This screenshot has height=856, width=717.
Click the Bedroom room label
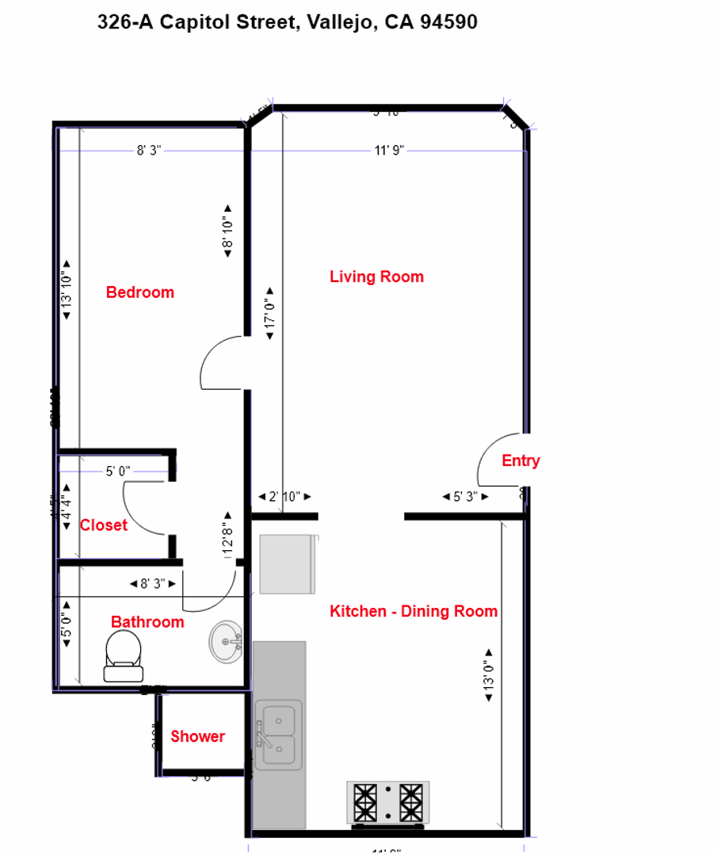tap(140, 292)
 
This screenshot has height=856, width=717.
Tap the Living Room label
tap(376, 277)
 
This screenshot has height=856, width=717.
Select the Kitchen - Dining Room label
tap(414, 611)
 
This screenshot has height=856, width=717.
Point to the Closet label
tap(104, 525)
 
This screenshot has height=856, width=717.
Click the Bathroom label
tap(147, 622)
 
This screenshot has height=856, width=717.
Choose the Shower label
tap(197, 736)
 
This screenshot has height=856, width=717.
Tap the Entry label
tap(521, 460)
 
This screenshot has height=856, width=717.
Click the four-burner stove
tap(388, 802)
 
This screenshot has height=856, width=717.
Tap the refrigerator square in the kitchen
tap(287, 564)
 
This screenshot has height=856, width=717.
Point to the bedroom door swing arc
tap(221, 363)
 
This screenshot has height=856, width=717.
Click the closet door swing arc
tap(146, 507)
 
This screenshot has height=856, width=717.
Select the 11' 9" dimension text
tap(389, 151)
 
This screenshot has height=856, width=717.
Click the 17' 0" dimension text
tap(270, 314)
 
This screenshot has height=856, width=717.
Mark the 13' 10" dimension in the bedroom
tap(67, 290)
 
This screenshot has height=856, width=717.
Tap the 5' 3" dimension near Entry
tap(465, 497)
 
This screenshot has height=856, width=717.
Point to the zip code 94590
tap(448, 22)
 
